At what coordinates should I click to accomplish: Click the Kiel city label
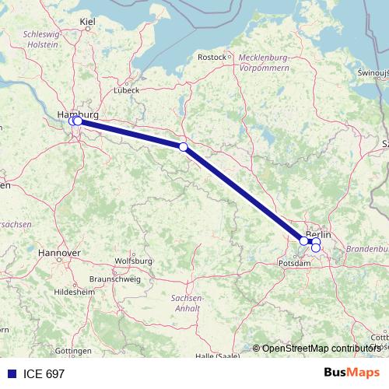(x=87, y=23)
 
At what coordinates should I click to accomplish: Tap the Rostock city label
(x=211, y=57)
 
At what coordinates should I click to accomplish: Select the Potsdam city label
(x=295, y=264)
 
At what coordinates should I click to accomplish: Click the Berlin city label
(x=319, y=234)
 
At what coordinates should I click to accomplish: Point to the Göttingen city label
(x=73, y=351)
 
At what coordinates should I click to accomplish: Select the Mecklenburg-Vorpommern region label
(x=264, y=63)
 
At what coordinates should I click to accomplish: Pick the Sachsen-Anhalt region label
(x=187, y=303)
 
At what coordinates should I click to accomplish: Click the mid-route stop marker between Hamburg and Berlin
(x=183, y=146)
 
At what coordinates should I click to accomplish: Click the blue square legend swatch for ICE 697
(x=11, y=373)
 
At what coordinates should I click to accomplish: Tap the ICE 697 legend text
(x=44, y=373)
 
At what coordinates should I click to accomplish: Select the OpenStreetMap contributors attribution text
(x=321, y=348)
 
